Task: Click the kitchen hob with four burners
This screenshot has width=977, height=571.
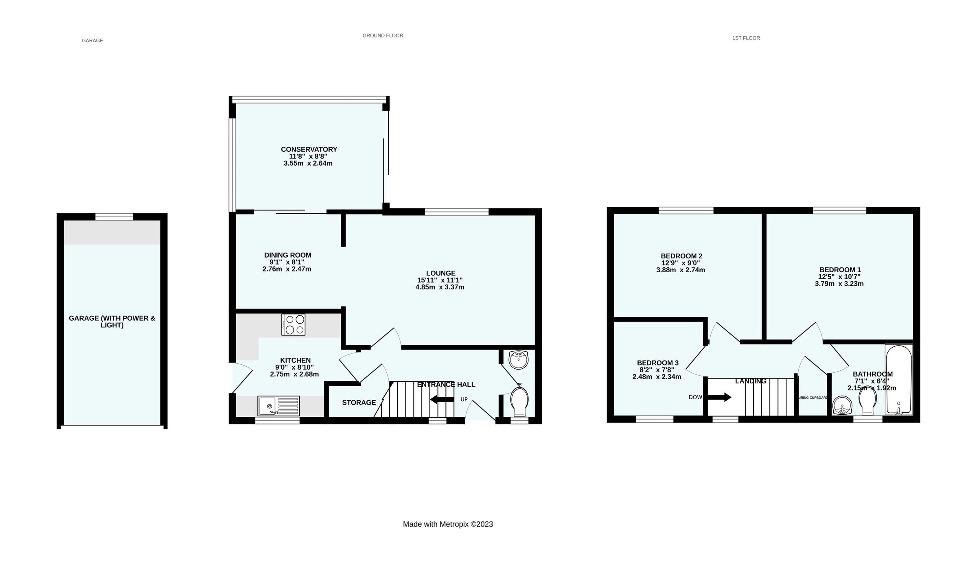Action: tap(293, 324)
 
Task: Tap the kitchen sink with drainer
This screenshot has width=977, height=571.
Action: tap(278, 406)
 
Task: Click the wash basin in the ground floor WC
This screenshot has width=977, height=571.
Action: tap(519, 359)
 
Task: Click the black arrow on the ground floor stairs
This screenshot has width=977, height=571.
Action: tap(442, 399)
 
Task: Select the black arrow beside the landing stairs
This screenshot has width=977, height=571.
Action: tap(719, 397)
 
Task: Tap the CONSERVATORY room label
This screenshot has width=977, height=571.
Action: tap(309, 149)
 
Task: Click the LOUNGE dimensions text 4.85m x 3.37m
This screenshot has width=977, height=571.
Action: tap(440, 287)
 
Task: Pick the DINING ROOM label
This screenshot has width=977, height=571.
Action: tap(287, 255)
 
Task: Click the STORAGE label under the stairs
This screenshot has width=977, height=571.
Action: tap(359, 403)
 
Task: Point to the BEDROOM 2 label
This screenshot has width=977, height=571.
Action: tap(681, 256)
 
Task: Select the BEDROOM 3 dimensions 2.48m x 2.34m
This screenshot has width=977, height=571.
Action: tap(657, 377)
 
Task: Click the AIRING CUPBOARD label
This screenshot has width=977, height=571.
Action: tap(813, 398)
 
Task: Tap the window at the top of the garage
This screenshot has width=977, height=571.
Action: tap(114, 217)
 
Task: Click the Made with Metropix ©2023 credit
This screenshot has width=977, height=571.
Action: tap(448, 524)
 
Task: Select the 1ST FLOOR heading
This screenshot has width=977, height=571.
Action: tap(746, 38)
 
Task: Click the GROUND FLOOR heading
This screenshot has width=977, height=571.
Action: tap(383, 36)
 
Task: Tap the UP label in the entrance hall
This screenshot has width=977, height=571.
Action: tap(464, 400)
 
